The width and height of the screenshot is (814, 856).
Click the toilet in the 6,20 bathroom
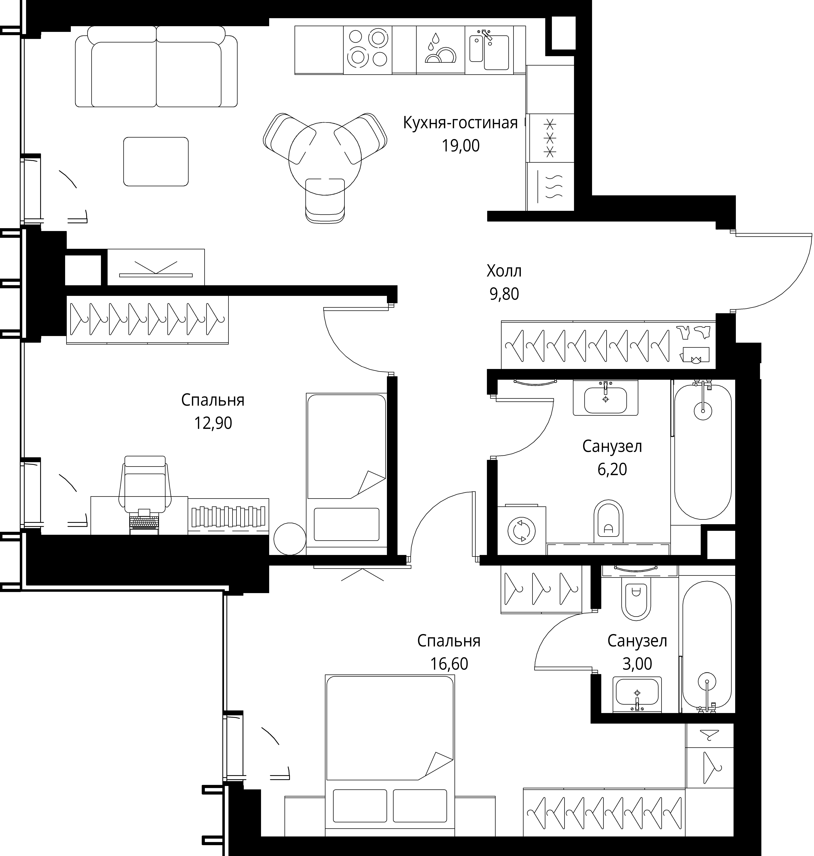tap(608, 521)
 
